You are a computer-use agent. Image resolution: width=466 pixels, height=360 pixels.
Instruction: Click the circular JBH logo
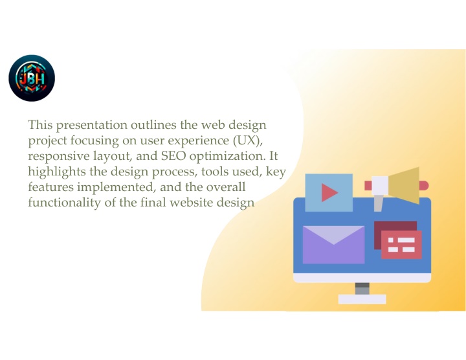[32, 78]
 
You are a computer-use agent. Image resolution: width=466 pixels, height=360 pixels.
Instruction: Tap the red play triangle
[329, 193]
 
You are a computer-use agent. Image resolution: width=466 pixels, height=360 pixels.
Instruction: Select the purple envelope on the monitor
[333, 245]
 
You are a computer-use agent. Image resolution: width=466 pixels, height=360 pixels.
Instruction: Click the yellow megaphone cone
[404, 185]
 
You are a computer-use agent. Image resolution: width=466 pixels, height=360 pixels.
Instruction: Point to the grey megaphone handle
[378, 203]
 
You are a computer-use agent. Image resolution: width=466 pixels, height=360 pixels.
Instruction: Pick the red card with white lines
[401, 244]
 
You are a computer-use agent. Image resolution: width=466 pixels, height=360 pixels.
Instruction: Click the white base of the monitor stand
[362, 299]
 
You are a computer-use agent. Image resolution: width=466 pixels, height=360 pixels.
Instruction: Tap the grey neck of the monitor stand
[362, 288]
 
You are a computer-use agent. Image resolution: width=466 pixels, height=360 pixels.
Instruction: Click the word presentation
[91, 125]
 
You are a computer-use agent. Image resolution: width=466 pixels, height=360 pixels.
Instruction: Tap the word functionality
[64, 203]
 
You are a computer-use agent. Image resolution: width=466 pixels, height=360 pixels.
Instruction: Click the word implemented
[116, 187]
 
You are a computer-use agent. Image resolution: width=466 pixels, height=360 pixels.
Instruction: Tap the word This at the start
[40, 124]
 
